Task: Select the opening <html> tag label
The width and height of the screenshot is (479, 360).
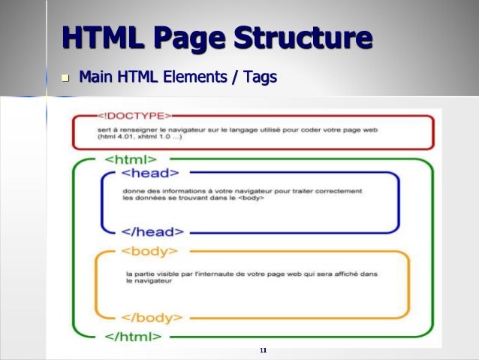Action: point(130,159)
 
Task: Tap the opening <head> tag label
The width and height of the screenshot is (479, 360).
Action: point(146,173)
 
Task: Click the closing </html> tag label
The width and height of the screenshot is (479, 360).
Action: point(133,335)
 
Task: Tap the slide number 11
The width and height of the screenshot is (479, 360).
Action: point(263,350)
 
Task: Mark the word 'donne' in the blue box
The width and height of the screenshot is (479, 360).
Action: point(133,192)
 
